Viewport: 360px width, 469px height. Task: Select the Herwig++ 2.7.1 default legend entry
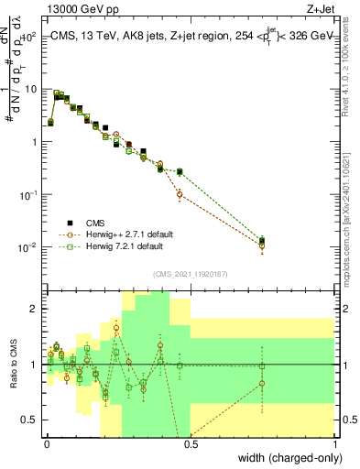click(x=119, y=234)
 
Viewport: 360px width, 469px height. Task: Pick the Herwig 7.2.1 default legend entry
click(x=116, y=246)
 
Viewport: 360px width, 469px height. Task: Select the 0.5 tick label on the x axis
click(x=191, y=443)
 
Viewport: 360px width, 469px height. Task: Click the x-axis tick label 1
click(x=334, y=443)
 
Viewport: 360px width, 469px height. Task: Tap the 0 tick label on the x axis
click(x=48, y=443)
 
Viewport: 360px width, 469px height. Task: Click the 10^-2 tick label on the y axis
click(x=27, y=247)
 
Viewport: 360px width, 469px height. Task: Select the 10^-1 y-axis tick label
click(x=27, y=194)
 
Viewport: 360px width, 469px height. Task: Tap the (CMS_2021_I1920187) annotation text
click(x=191, y=272)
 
